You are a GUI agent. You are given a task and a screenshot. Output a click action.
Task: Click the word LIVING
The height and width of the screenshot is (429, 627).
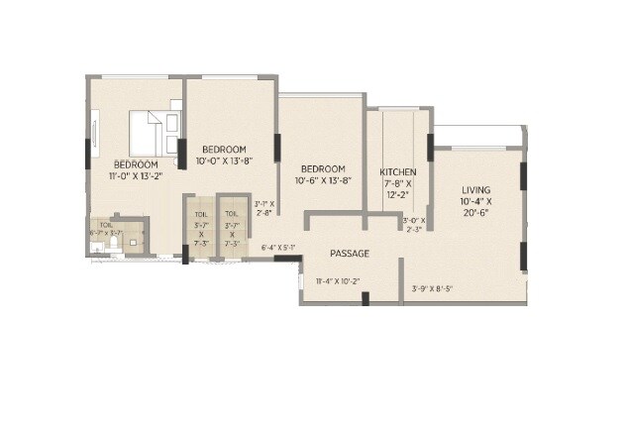pyautogui.click(x=476, y=189)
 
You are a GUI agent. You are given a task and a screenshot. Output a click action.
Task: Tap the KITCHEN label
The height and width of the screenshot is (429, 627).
pyautogui.click(x=398, y=171)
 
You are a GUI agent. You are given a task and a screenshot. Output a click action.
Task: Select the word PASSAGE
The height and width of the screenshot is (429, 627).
pyautogui.click(x=350, y=254)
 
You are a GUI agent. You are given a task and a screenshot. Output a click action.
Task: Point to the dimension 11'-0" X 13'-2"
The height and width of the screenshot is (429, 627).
pyautogui.click(x=136, y=176)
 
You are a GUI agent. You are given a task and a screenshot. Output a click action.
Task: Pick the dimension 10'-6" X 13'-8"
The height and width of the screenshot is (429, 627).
pyautogui.click(x=322, y=180)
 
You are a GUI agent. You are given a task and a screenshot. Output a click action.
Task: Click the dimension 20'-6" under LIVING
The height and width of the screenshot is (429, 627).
pyautogui.click(x=476, y=214)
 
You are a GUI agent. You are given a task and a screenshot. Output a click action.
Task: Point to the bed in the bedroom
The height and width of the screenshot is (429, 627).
pyautogui.click(x=150, y=129)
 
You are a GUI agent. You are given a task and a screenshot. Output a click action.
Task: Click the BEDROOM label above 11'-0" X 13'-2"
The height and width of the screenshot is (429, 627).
pyautogui.click(x=135, y=163)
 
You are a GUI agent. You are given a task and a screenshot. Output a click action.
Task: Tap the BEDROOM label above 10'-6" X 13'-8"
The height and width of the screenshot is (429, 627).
pyautogui.click(x=323, y=168)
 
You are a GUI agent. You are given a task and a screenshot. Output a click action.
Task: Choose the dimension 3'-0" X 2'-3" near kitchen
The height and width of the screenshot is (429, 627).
pyautogui.click(x=413, y=225)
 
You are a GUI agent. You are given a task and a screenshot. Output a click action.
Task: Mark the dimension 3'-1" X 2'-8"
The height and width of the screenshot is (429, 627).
pyautogui.click(x=264, y=207)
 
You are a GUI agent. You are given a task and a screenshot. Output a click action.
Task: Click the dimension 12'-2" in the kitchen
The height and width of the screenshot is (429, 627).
pyautogui.click(x=398, y=195)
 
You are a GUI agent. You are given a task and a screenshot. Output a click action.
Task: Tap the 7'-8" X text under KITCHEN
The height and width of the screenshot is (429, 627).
pyautogui.click(x=398, y=183)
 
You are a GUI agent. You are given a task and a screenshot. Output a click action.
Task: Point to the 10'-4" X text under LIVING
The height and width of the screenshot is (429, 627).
pyautogui.click(x=476, y=202)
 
